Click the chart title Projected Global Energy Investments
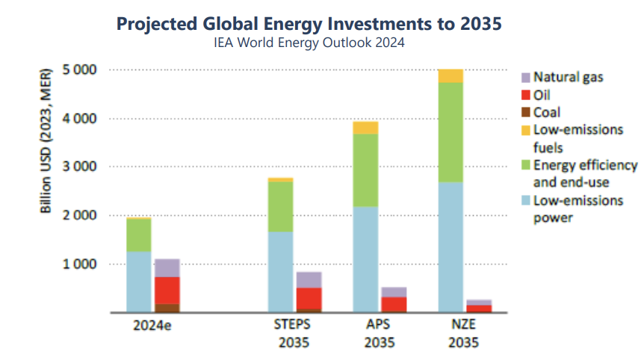309,24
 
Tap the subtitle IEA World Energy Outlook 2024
309,43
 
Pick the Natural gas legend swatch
525,77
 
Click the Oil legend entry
542,95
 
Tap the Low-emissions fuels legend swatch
525,130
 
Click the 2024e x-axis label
152,326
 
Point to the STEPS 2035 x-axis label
294,334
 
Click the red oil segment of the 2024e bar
167,291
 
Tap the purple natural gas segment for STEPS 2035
309,279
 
